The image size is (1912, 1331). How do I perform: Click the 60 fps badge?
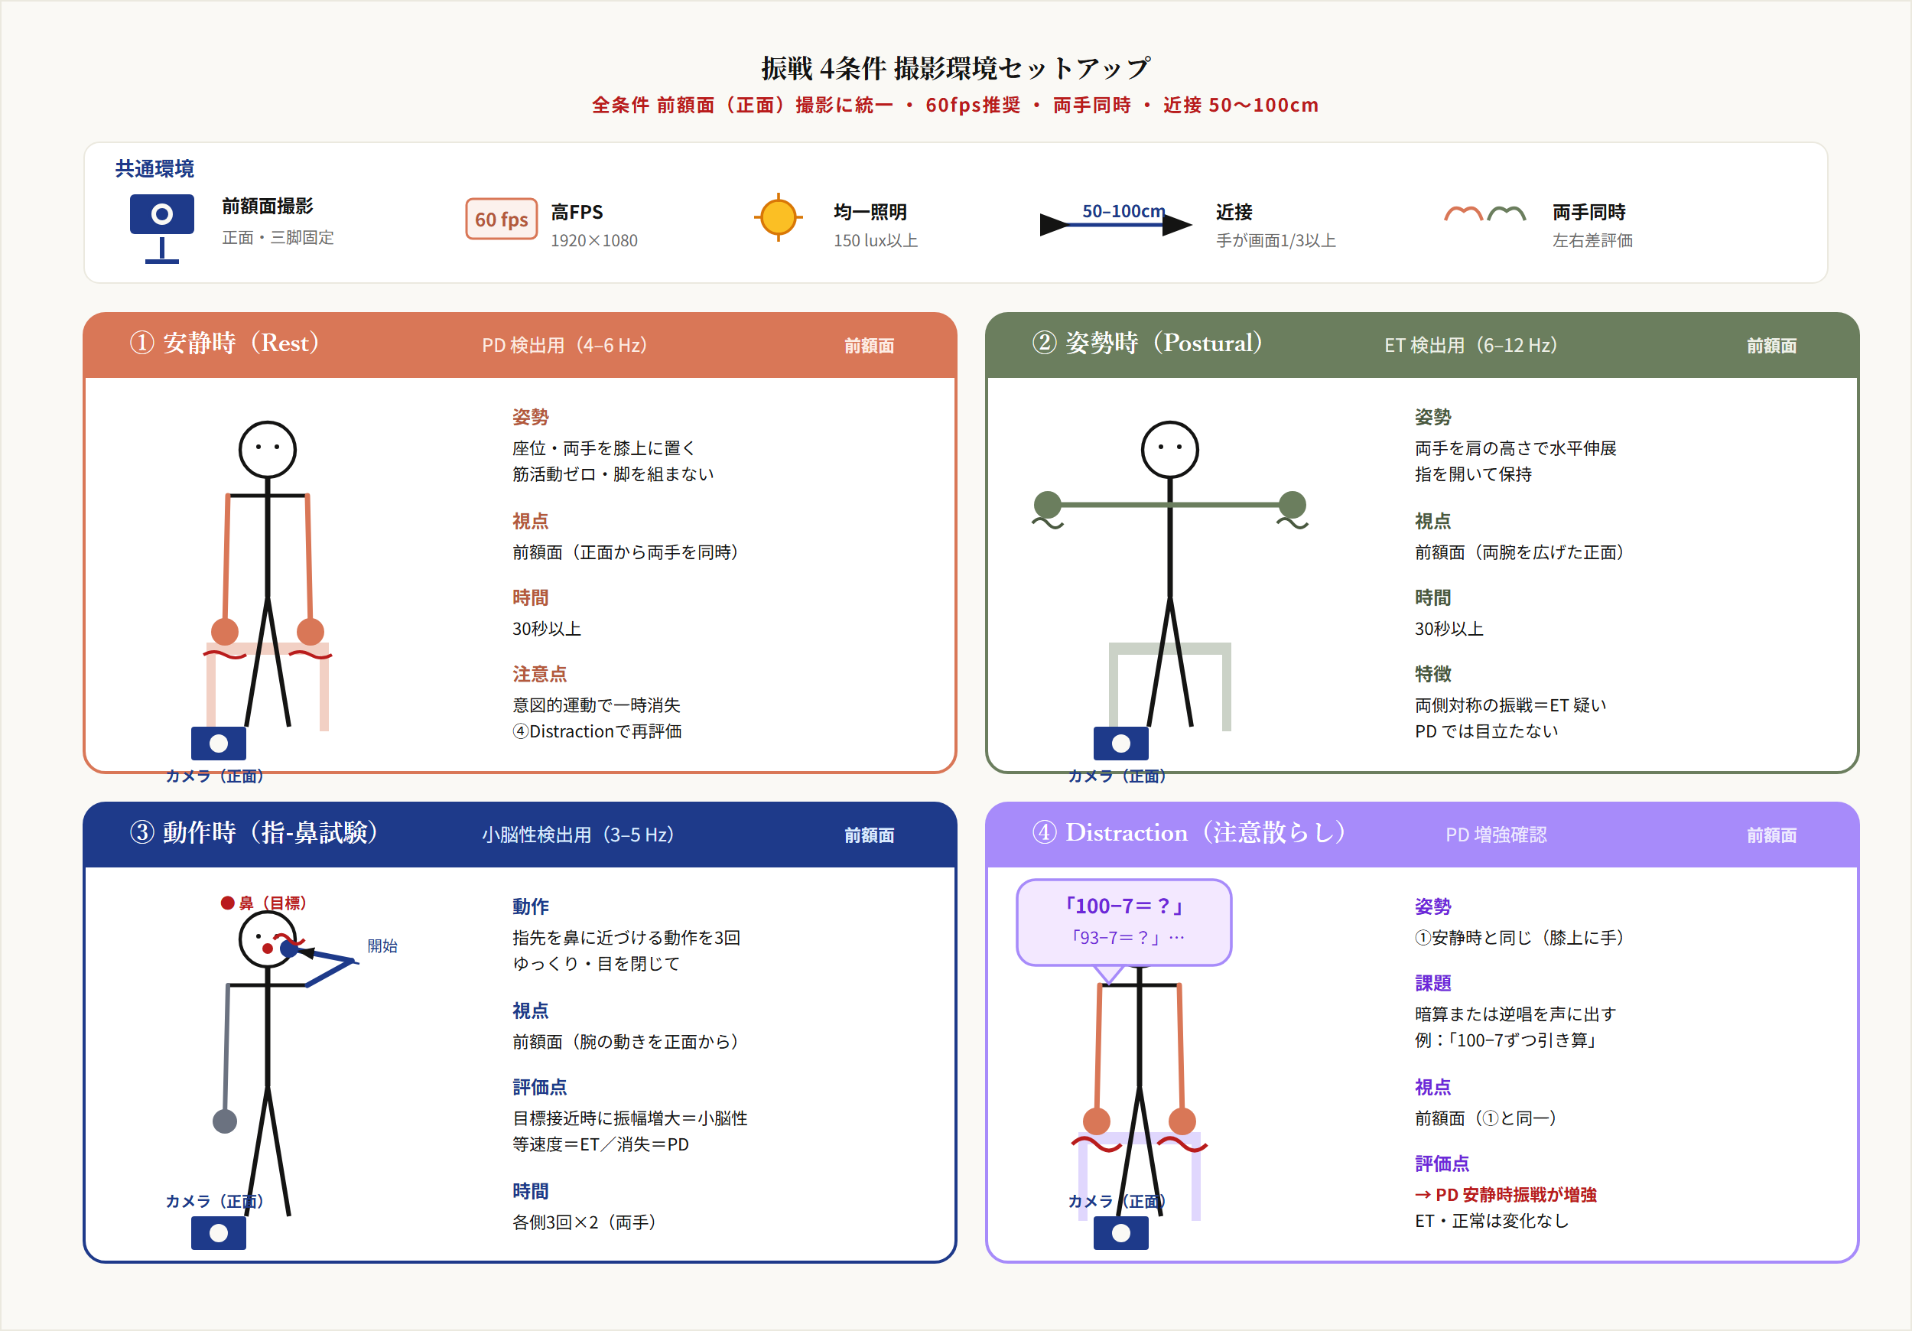(x=500, y=219)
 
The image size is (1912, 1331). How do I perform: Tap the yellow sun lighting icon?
(x=778, y=217)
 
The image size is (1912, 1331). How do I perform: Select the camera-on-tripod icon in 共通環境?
(x=161, y=225)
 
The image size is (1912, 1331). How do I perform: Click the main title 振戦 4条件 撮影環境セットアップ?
(x=955, y=68)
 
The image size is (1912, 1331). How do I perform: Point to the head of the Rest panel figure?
(x=268, y=450)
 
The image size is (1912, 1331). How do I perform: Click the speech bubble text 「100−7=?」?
(x=1123, y=906)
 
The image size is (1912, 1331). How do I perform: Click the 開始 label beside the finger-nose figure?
(x=382, y=945)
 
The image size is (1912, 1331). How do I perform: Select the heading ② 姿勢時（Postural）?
(x=1146, y=343)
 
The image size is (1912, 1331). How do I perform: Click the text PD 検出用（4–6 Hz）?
(x=564, y=345)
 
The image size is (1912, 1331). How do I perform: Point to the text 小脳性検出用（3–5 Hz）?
(x=578, y=835)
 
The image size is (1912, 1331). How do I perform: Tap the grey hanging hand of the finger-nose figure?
(x=225, y=1121)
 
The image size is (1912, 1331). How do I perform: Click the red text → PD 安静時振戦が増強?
(x=1505, y=1194)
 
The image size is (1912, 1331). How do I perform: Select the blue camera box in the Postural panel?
(x=1120, y=743)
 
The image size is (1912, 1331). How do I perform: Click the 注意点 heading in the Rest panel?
(x=538, y=674)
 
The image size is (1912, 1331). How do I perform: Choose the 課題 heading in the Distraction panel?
(x=1432, y=983)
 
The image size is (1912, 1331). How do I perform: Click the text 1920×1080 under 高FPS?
(x=593, y=241)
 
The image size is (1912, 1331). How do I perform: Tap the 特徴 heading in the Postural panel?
(x=1432, y=674)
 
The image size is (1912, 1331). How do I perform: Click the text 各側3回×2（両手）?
(x=584, y=1222)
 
